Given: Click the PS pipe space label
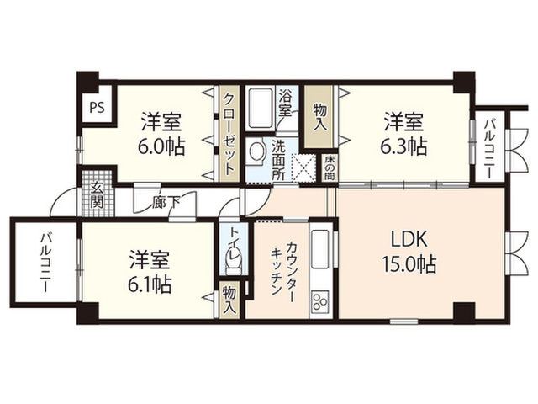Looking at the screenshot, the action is (x=98, y=108).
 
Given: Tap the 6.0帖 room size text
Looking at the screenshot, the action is (x=161, y=146).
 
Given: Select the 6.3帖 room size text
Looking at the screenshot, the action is (x=403, y=146).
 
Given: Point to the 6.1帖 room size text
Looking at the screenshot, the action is (x=150, y=284).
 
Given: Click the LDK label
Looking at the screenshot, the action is (x=409, y=239).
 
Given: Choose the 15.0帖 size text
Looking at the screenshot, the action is (x=409, y=264).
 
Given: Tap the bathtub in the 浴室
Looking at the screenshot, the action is (x=261, y=108).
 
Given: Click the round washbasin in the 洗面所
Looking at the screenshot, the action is (x=256, y=151).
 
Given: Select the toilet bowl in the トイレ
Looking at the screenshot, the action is (x=234, y=262).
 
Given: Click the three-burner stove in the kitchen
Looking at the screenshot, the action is (x=319, y=301).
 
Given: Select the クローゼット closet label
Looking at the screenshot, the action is (x=229, y=134).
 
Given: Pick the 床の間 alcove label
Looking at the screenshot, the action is (x=330, y=167).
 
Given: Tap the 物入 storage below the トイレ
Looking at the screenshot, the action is (x=229, y=300).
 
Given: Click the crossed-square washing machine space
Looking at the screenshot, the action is (x=303, y=167).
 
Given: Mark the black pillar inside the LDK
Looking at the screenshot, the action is (x=464, y=311).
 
